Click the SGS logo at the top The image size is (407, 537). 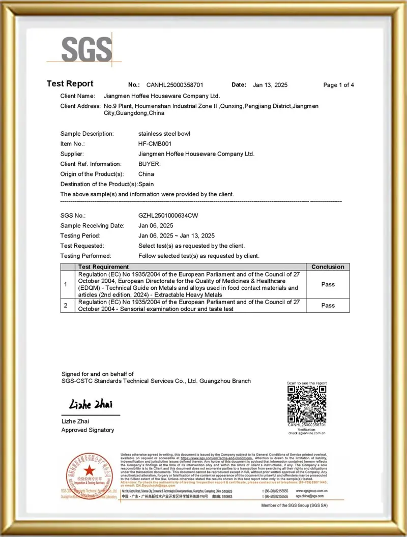(x=86, y=50)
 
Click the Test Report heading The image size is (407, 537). (x=70, y=84)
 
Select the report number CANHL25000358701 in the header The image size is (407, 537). (x=175, y=85)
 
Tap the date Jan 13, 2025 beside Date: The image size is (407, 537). (x=270, y=85)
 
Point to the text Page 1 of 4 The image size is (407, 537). (x=339, y=85)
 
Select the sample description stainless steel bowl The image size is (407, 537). (x=164, y=134)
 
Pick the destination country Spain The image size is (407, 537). (x=146, y=184)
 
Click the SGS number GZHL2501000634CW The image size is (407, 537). (x=168, y=216)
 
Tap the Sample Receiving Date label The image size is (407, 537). (x=92, y=226)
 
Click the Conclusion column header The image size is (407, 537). (x=328, y=267)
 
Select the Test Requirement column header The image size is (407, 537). (x=103, y=267)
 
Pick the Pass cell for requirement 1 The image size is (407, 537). (x=328, y=284)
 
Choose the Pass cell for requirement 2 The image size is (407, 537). (x=328, y=306)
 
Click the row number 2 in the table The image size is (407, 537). (x=66, y=306)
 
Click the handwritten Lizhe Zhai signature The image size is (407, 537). (x=91, y=404)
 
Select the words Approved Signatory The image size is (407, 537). (x=88, y=430)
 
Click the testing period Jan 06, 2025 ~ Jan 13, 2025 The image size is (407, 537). (x=177, y=236)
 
